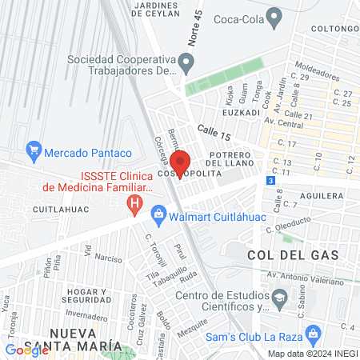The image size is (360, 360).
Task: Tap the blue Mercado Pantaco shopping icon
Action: coord(34,150)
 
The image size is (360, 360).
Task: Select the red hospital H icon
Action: coord(136,206)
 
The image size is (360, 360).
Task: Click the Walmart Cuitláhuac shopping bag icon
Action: coord(159,213)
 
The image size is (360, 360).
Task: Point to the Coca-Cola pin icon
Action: coord(275,15)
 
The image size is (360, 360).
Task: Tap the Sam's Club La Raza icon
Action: coord(314,332)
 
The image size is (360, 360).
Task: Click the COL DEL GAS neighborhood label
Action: coord(293,254)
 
